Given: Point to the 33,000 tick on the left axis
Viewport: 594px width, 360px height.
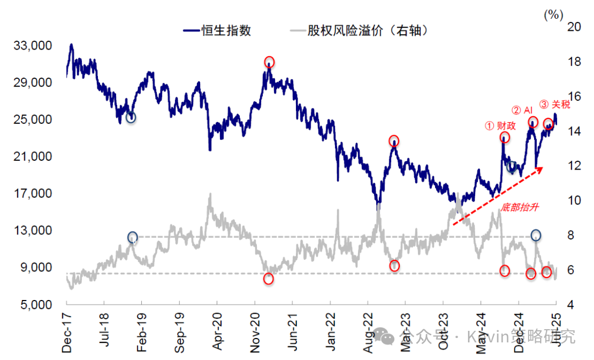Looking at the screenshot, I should click(x=36, y=46).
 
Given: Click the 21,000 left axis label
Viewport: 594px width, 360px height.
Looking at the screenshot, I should click(x=36, y=157).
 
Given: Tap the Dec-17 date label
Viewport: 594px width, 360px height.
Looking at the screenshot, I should click(x=67, y=332).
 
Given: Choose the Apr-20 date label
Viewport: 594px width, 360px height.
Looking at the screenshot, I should click(x=217, y=332).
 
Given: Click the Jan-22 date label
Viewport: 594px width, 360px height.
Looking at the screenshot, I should click(x=330, y=332).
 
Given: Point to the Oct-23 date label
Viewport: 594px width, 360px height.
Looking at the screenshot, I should click(x=443, y=332).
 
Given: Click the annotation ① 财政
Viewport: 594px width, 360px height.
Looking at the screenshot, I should click(x=501, y=126).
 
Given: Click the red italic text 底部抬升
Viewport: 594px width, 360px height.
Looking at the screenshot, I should click(x=519, y=208).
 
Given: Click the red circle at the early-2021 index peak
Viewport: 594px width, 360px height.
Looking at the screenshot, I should click(x=269, y=62).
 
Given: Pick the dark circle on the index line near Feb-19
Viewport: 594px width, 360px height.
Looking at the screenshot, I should click(x=130, y=117).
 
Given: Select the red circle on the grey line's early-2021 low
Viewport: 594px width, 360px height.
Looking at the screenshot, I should click(x=268, y=279).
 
